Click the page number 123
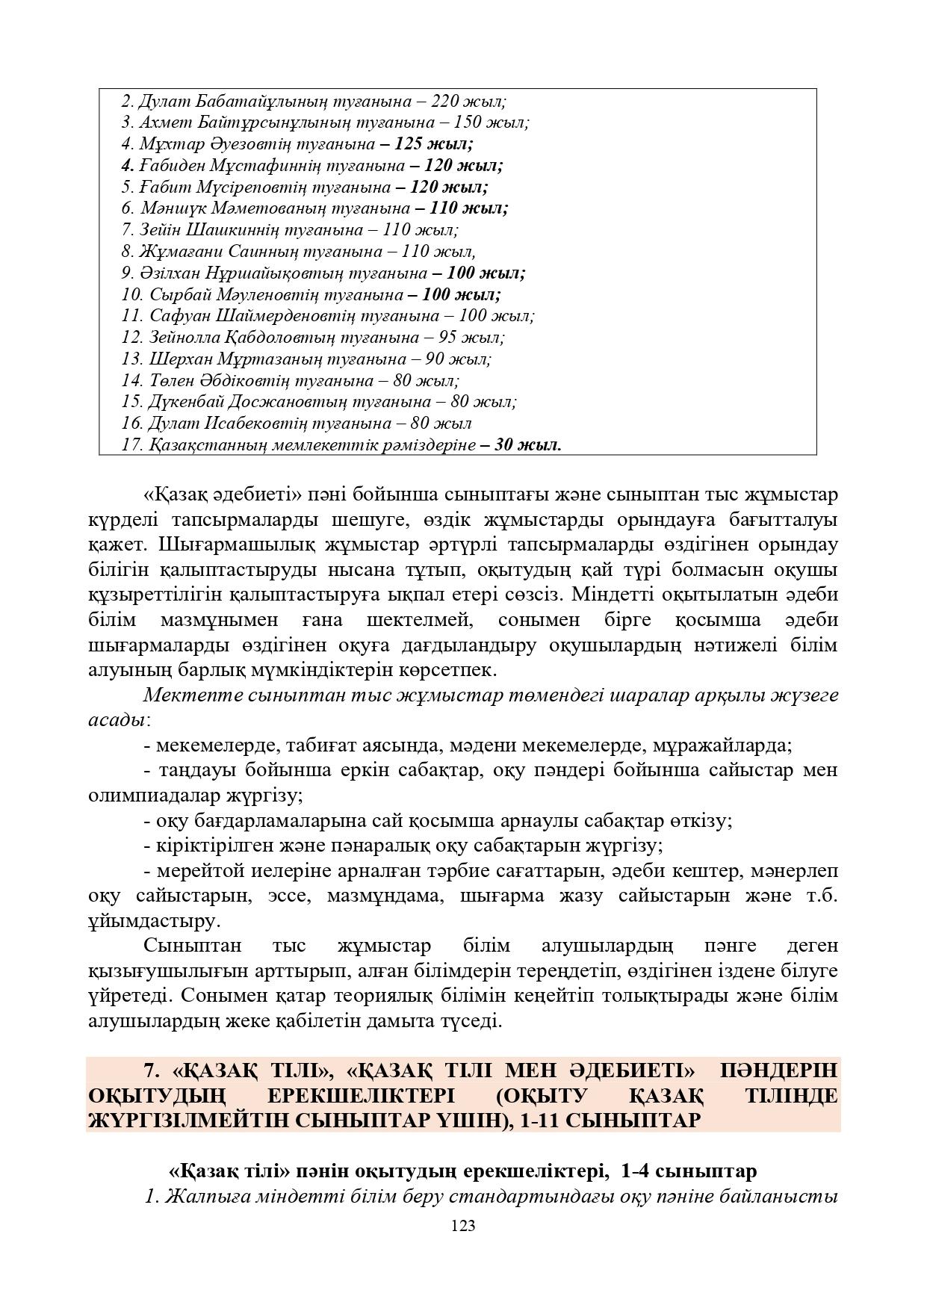click(463, 1225)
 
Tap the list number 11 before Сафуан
click(131, 316)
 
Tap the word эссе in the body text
click(288, 896)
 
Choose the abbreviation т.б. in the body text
click(819, 896)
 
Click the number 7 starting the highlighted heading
click(149, 1070)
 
